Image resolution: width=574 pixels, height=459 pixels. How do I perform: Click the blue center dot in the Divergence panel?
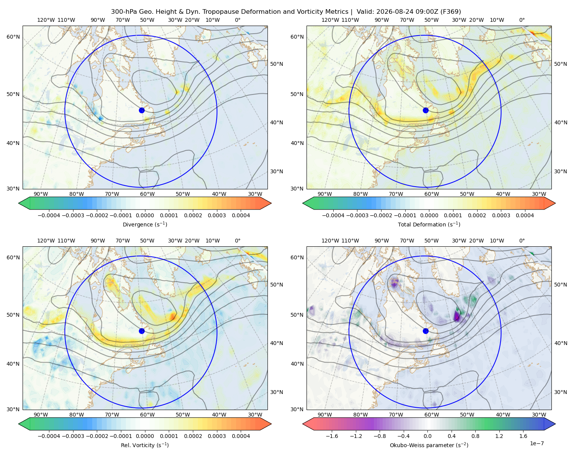tap(142, 110)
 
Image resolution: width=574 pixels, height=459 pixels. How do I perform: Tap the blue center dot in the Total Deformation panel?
tap(426, 110)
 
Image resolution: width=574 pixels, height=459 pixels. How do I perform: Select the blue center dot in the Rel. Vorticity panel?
tap(142, 331)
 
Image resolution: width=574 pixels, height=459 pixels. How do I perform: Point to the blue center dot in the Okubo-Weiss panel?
tap(426, 331)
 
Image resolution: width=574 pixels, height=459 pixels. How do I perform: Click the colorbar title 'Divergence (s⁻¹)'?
tap(145, 224)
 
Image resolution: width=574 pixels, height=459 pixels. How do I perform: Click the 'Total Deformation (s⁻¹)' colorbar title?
tap(429, 224)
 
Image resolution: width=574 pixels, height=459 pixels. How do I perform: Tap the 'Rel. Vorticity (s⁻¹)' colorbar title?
tap(145, 445)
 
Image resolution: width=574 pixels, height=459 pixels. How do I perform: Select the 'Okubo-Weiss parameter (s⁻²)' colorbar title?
tap(429, 445)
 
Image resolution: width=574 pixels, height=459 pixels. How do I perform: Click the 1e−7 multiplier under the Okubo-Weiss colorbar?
tap(536, 443)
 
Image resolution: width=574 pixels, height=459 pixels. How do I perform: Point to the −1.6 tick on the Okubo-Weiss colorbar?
tap(332, 436)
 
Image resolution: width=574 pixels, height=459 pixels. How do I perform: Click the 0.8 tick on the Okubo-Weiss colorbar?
tap(475, 436)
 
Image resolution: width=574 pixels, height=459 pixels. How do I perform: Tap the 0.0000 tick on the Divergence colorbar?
tap(145, 215)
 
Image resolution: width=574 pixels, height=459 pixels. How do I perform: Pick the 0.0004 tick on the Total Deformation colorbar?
tap(525, 215)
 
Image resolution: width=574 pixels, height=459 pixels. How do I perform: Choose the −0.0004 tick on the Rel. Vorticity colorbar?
tap(49, 436)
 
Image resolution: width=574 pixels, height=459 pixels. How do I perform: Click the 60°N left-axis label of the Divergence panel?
tap(13, 37)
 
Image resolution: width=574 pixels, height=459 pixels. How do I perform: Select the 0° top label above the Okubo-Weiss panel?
tap(522, 241)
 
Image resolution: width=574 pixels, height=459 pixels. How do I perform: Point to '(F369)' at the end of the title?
tap(450, 12)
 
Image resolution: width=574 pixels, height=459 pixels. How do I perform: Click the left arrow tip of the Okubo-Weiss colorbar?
tap(303, 424)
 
